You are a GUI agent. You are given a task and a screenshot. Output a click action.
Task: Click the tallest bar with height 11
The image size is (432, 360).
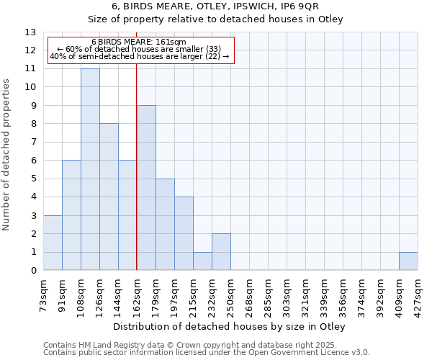click(90, 169)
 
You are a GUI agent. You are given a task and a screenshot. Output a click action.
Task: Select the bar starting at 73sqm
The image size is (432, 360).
click(53, 243)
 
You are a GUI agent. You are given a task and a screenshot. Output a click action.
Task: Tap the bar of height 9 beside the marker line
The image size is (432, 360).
click(146, 188)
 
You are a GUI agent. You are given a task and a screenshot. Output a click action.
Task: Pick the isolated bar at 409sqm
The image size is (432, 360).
click(408, 261)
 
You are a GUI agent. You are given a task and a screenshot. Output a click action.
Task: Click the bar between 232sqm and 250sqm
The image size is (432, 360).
click(221, 252)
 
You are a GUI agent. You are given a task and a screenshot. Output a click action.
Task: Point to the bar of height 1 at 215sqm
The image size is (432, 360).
click(202, 261)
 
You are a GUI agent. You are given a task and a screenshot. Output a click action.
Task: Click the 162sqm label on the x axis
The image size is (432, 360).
click(137, 294)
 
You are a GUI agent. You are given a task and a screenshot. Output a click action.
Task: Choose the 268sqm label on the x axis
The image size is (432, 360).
click(249, 294)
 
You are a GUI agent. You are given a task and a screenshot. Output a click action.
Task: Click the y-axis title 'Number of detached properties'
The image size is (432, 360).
click(7, 155)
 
